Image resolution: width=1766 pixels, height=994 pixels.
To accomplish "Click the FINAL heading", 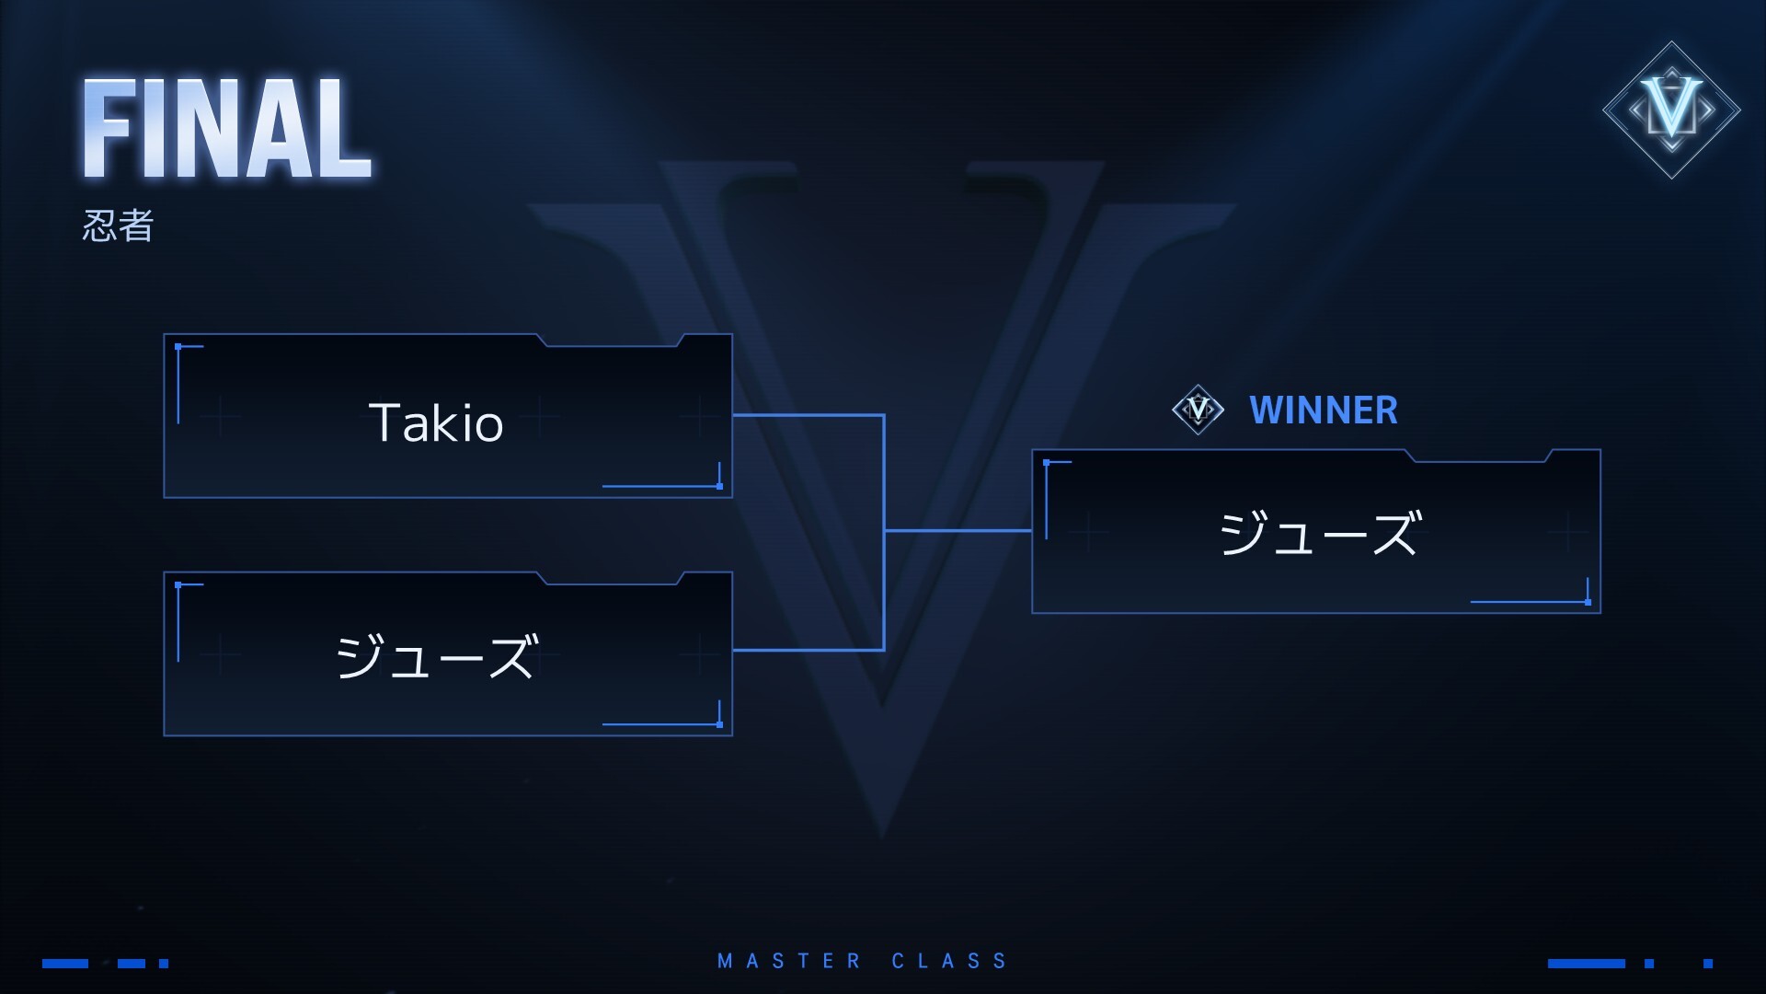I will pyautogui.click(x=227, y=128).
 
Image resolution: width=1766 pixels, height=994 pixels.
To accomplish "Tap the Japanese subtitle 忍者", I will pyautogui.click(x=118, y=225).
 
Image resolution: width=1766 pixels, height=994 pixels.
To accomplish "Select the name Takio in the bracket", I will pyautogui.click(x=436, y=422).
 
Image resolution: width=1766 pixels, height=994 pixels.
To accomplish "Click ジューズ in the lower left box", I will pyautogui.click(x=436, y=657).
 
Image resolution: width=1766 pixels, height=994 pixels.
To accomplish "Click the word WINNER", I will pyautogui.click(x=1323, y=410).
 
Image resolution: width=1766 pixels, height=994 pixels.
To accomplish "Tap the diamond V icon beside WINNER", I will pyautogui.click(x=1198, y=410).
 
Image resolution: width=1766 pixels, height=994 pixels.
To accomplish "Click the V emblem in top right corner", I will pyautogui.click(x=1671, y=110).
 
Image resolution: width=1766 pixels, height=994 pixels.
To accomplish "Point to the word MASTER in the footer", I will pyautogui.click(x=789, y=961).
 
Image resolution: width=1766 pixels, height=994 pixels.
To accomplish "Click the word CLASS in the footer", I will pyautogui.click(x=950, y=961).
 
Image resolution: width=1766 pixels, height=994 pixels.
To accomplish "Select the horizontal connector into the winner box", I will pyautogui.click(x=958, y=531).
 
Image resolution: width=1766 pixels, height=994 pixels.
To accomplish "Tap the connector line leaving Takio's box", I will pyautogui.click(x=808, y=415).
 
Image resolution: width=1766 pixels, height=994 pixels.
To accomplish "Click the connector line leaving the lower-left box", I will pyautogui.click(x=808, y=650).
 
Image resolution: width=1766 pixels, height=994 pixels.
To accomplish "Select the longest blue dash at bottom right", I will pyautogui.click(x=1586, y=964).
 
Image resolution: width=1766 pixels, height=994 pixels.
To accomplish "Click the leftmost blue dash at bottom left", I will pyautogui.click(x=65, y=964).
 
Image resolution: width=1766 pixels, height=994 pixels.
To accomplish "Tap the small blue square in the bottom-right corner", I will pyautogui.click(x=1708, y=964).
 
